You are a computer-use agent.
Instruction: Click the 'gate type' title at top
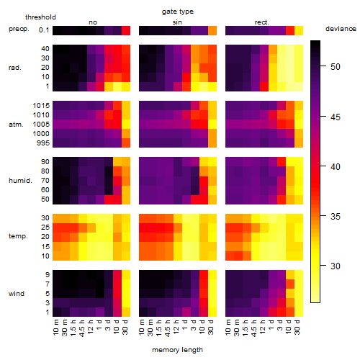click(x=178, y=12)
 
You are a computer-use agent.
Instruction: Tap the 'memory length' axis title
click(x=177, y=350)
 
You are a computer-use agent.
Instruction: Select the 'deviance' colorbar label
click(x=341, y=29)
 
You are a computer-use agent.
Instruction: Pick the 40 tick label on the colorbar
click(x=336, y=166)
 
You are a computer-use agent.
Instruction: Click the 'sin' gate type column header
click(x=177, y=22)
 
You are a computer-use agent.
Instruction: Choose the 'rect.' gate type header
click(x=261, y=22)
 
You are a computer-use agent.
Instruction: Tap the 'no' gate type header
click(x=93, y=22)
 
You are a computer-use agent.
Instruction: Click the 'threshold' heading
click(x=40, y=17)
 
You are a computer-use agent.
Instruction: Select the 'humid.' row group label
click(x=20, y=181)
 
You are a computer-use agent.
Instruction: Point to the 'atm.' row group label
click(x=16, y=125)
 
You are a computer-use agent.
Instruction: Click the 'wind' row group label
click(x=17, y=294)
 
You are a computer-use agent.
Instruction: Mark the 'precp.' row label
click(x=19, y=29)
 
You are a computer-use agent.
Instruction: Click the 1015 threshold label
click(x=41, y=106)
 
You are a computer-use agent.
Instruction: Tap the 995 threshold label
click(x=43, y=143)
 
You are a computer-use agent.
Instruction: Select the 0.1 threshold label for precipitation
click(x=44, y=30)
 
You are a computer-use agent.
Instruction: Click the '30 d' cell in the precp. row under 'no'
click(x=126, y=30)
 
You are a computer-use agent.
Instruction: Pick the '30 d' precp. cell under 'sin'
click(x=212, y=30)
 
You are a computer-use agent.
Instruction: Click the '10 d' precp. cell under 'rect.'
click(x=290, y=30)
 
